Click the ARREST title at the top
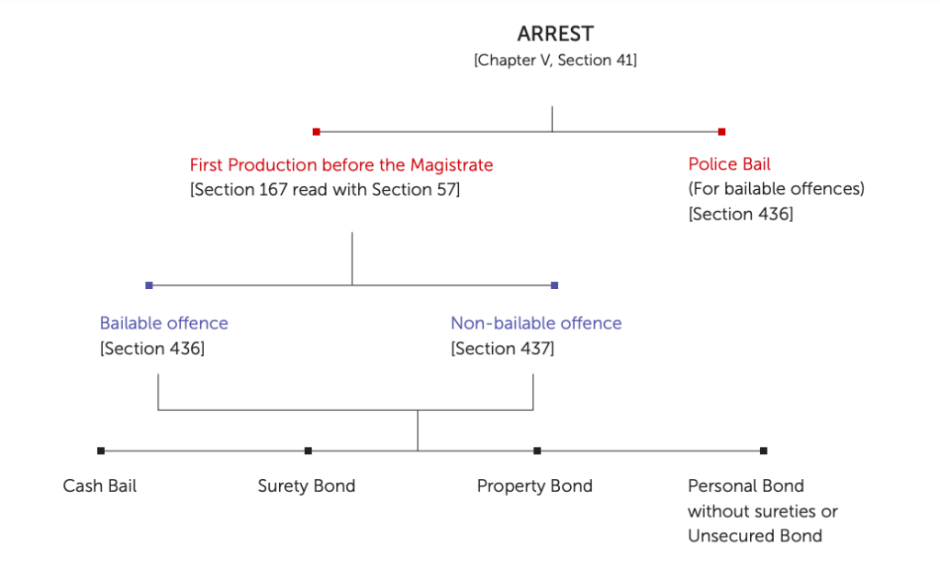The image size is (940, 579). coord(555,34)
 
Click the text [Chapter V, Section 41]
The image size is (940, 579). coord(555,61)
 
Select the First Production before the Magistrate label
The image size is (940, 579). coord(341,165)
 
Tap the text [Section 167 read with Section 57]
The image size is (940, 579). coord(325,190)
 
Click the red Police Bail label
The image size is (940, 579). coord(729,164)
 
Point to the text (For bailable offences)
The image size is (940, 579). coord(776,189)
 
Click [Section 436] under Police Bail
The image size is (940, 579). coord(740,214)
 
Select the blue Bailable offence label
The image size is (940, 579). coord(163,323)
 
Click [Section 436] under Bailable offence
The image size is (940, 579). coord(151,349)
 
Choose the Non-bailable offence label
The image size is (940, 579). coord(535,323)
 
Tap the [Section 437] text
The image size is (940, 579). coord(502,349)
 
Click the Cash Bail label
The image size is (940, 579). coord(99,485)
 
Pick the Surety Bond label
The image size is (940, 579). coord(306,485)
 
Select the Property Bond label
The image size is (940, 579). coord(534,485)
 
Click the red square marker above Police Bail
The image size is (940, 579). coord(722,131)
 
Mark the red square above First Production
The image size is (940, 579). coord(316,131)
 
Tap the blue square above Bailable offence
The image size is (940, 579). coord(149,285)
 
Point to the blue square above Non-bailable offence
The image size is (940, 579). coord(554,285)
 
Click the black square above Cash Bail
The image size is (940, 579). coord(101,451)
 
